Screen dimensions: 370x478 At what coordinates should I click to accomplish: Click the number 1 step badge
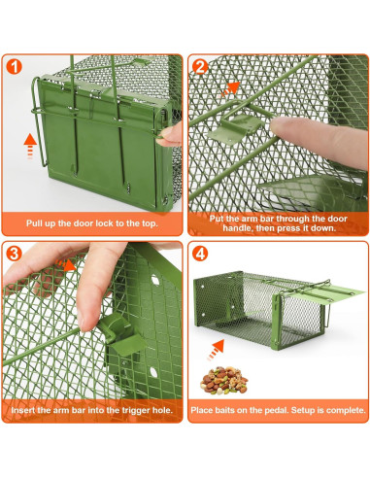[x=14, y=67]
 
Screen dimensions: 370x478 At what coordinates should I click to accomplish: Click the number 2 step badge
[x=200, y=67]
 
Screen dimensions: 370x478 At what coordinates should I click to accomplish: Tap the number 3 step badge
[x=14, y=254]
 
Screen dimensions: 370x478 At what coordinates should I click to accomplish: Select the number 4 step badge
[x=200, y=254]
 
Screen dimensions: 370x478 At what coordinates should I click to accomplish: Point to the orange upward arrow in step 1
[x=30, y=146]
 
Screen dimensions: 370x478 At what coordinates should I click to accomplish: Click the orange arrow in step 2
[x=230, y=89]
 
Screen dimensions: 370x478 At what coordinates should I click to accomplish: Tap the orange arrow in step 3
[x=65, y=264]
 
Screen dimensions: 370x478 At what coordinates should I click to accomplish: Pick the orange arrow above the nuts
[x=216, y=350]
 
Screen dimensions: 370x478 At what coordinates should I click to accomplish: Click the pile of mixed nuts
[x=223, y=380]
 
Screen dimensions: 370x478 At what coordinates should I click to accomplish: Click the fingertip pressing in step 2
[x=281, y=126]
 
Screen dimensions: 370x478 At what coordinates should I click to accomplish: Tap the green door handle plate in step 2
[x=235, y=128]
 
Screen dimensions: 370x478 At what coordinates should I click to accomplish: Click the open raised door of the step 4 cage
[x=323, y=292]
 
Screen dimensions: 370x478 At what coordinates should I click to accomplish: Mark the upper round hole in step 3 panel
[x=155, y=280]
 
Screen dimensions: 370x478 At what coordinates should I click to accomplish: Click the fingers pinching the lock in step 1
[x=171, y=134]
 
